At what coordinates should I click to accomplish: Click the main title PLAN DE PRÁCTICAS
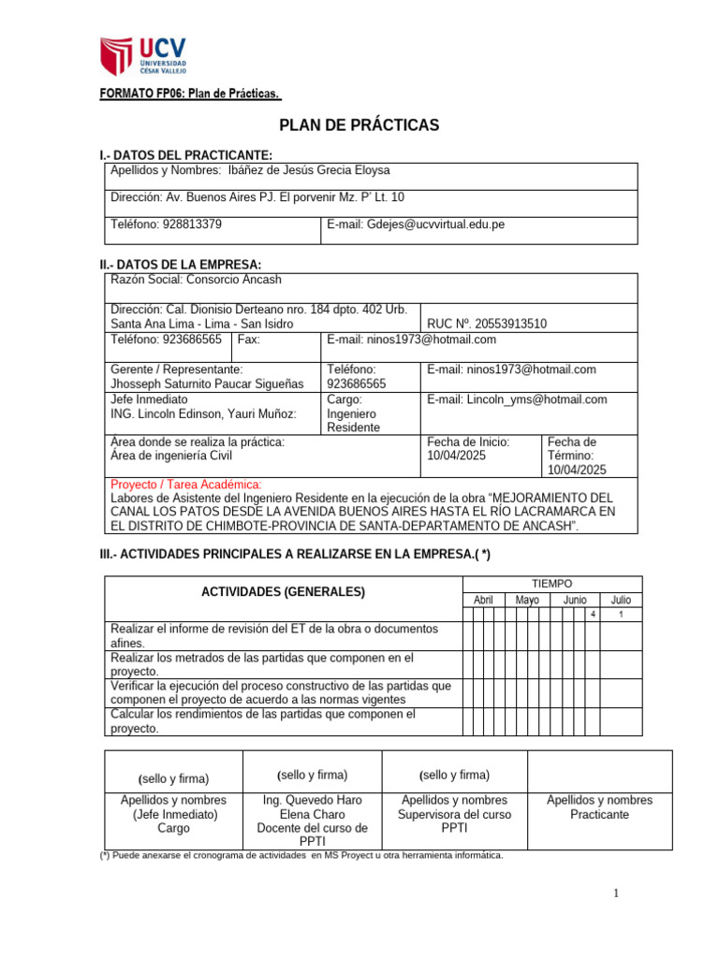359,125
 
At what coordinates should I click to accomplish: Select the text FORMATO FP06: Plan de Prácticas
190,94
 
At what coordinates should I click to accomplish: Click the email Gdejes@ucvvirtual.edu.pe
416,225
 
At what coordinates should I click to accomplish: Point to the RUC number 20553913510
487,324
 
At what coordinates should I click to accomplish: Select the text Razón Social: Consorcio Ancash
196,280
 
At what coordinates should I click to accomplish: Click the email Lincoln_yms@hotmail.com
517,399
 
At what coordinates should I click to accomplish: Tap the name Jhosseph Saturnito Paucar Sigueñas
207,385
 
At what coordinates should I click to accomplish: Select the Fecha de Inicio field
468,449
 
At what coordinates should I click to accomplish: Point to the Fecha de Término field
577,456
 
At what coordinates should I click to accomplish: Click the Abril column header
483,600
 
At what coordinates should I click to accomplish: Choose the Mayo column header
527,600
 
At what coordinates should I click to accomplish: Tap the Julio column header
621,600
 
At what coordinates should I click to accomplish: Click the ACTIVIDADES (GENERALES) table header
284,592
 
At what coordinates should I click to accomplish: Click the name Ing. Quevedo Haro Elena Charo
314,807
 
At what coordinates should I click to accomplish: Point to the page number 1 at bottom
617,894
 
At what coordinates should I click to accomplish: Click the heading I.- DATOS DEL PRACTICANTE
186,154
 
